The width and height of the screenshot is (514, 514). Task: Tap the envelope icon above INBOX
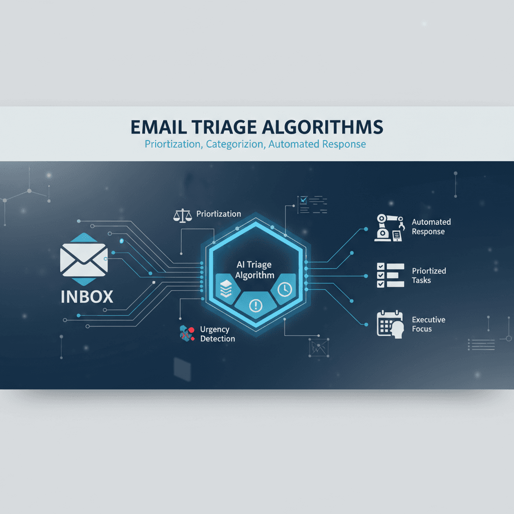[83, 259]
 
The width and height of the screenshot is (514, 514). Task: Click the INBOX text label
[87, 296]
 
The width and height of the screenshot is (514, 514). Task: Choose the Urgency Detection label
[217, 334]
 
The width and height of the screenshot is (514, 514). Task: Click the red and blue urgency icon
[186, 333]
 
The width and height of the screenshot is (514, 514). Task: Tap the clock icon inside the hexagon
[285, 290]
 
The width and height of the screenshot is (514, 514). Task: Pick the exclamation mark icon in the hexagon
[255, 304]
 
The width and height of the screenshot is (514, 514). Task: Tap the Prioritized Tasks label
[429, 276]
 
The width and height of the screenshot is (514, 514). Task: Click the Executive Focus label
[429, 324]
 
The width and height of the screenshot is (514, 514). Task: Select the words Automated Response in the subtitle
[317, 145]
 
